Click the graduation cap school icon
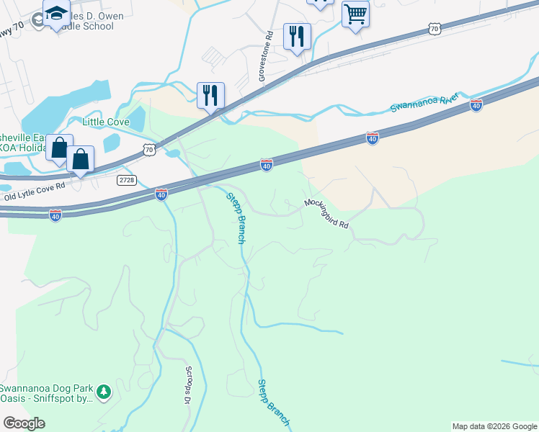(x=56, y=14)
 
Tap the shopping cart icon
(x=355, y=14)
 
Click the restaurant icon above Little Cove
(x=210, y=95)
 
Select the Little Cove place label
(x=106, y=122)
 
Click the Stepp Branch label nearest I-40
(x=236, y=218)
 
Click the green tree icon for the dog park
(x=105, y=391)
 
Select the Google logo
(x=24, y=423)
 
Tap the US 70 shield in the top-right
(x=433, y=28)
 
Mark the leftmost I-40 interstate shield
(x=55, y=215)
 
